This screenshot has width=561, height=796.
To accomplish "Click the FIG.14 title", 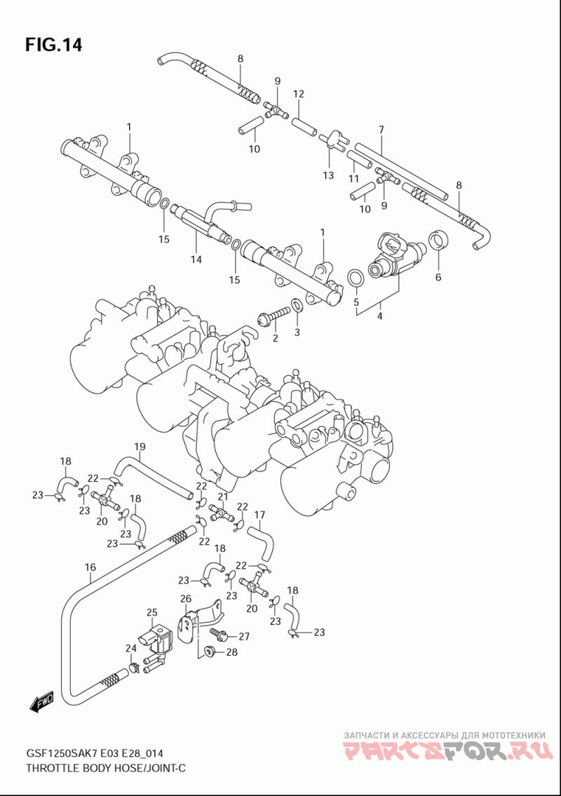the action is click(x=53, y=45).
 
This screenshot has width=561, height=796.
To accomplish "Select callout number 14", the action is click(x=196, y=259).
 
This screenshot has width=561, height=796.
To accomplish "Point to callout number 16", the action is click(x=90, y=567).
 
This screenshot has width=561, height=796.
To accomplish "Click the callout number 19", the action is click(x=140, y=447).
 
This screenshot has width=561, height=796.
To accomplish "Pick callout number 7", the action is click(x=381, y=130).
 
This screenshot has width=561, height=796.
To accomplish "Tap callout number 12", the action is click(x=298, y=93).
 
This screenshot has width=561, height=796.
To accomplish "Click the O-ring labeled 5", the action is click(x=356, y=278).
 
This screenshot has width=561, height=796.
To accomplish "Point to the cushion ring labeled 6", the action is click(x=438, y=241).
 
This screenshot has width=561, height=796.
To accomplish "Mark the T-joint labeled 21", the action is click(x=219, y=512).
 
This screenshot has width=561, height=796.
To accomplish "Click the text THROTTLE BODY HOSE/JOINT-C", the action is click(x=105, y=767).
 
